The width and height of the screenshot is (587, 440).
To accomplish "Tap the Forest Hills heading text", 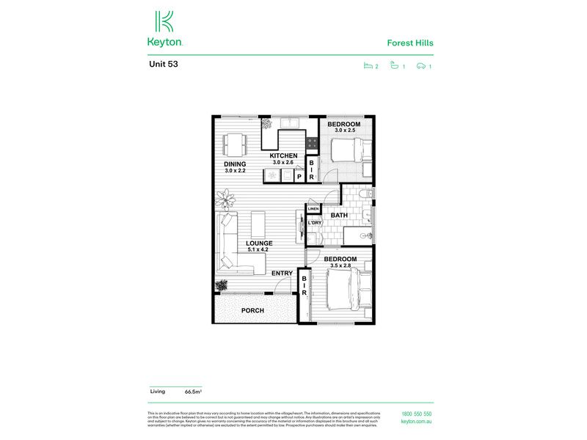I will [410, 43].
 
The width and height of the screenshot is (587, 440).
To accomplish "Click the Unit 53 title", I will [163, 64].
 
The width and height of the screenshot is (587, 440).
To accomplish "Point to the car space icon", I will [421, 67].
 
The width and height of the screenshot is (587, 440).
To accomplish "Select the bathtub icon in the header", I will [395, 67].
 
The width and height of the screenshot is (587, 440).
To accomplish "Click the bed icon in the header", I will [368, 67].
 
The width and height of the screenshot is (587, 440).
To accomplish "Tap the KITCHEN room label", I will [283, 155].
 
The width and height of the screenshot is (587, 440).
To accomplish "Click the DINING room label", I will [235, 164].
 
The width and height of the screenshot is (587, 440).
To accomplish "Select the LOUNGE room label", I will [259, 243].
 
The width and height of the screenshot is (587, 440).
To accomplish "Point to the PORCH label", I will [252, 310].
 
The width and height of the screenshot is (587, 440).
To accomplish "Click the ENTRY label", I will [282, 274].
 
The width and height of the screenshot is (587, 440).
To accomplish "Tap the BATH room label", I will [339, 215].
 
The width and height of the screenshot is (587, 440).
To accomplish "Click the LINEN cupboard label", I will [313, 209].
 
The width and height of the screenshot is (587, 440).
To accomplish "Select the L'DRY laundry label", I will [315, 222].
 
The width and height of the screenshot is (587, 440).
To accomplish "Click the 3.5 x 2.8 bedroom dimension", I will [340, 266].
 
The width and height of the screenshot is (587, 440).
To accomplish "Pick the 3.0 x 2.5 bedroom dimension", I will [343, 131].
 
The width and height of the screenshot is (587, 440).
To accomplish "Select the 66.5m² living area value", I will [193, 392].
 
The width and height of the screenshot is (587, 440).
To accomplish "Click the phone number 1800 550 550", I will [417, 415].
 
